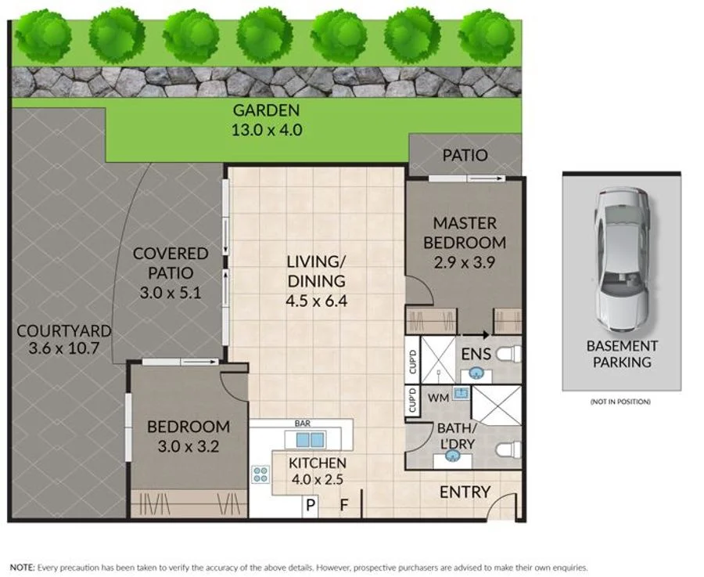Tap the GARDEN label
pyautogui.click(x=266, y=110)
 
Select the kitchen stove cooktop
pyautogui.click(x=260, y=474)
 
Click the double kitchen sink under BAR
pyautogui.click(x=310, y=440)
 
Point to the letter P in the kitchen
pyautogui.click(x=311, y=506)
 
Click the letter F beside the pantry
pyautogui.click(x=344, y=506)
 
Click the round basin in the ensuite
pyautogui.click(x=476, y=373)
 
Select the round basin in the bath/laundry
pyautogui.click(x=453, y=456)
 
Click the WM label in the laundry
pyautogui.click(x=438, y=398)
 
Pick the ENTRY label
pyautogui.click(x=465, y=492)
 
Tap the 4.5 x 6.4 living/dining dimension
pyautogui.click(x=317, y=301)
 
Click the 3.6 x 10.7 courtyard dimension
pyautogui.click(x=64, y=348)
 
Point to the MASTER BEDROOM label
pyautogui.click(x=465, y=233)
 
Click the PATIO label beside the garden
pyautogui.click(x=465, y=156)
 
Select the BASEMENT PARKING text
pyautogui.click(x=622, y=354)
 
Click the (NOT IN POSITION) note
pyautogui.click(x=620, y=402)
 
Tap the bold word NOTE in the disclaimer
pyautogui.click(x=22, y=568)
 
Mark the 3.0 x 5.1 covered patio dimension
pyautogui.click(x=171, y=293)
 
